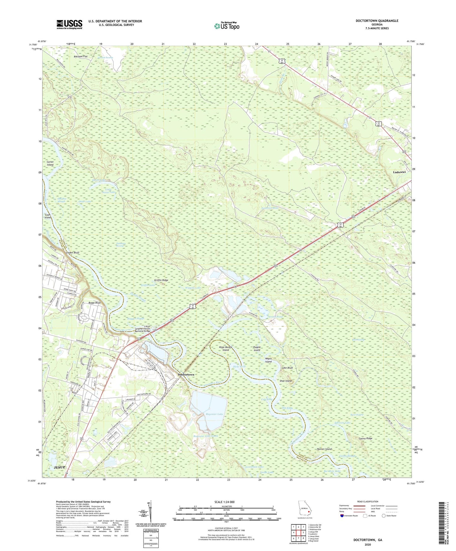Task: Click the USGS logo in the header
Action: click(69, 24)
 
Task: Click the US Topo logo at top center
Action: click(226, 26)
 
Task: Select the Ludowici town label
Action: click(399, 172)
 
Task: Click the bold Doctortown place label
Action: click(186, 375)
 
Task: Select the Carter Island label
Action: click(50, 163)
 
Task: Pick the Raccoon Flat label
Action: click(80, 56)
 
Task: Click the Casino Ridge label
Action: click(365, 439)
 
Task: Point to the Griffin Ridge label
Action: click(161, 280)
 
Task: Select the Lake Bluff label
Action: click(287, 368)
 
